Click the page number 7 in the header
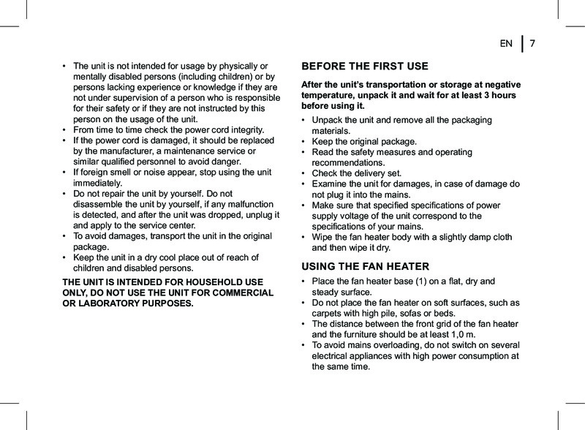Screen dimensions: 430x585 (x=533, y=44)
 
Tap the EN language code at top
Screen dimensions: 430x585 (x=505, y=44)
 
